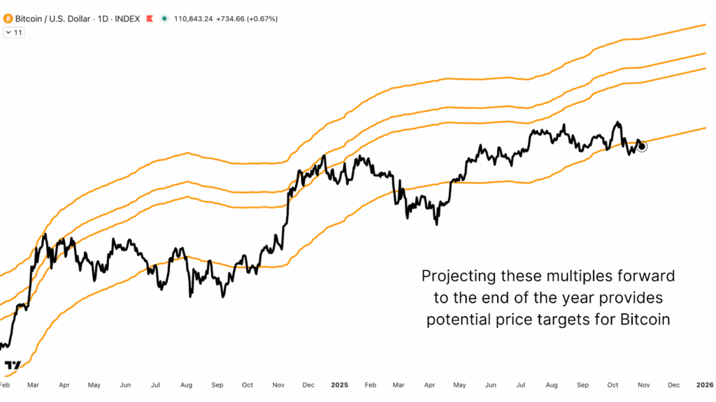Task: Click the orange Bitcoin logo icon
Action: (8, 18)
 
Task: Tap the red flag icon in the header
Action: (149, 18)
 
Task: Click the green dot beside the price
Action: (164, 18)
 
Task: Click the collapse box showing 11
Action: (14, 32)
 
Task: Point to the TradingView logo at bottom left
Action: (13, 366)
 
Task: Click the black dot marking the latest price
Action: (642, 146)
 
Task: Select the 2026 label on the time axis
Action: (704, 385)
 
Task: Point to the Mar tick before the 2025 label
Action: (33, 385)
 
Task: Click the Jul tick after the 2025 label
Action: (521, 385)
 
